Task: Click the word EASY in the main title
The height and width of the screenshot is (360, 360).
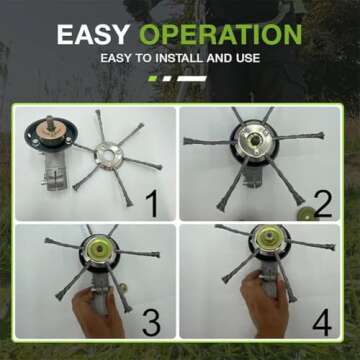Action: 94,34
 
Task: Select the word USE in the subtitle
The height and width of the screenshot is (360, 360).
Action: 246,58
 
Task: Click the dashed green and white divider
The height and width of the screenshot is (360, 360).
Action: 177,77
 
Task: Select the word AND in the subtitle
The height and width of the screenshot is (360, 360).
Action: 220,58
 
